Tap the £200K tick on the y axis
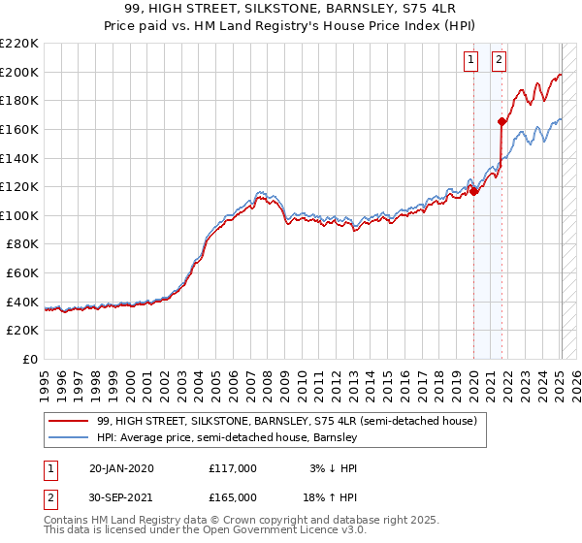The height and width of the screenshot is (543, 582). [19, 72]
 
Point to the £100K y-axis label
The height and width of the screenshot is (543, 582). [19, 215]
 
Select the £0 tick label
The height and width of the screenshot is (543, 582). [29, 360]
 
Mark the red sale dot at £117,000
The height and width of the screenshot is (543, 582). [475, 191]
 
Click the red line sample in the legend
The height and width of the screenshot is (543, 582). [68, 422]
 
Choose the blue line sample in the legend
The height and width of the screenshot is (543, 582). [68, 438]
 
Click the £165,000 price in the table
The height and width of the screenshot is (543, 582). [233, 497]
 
